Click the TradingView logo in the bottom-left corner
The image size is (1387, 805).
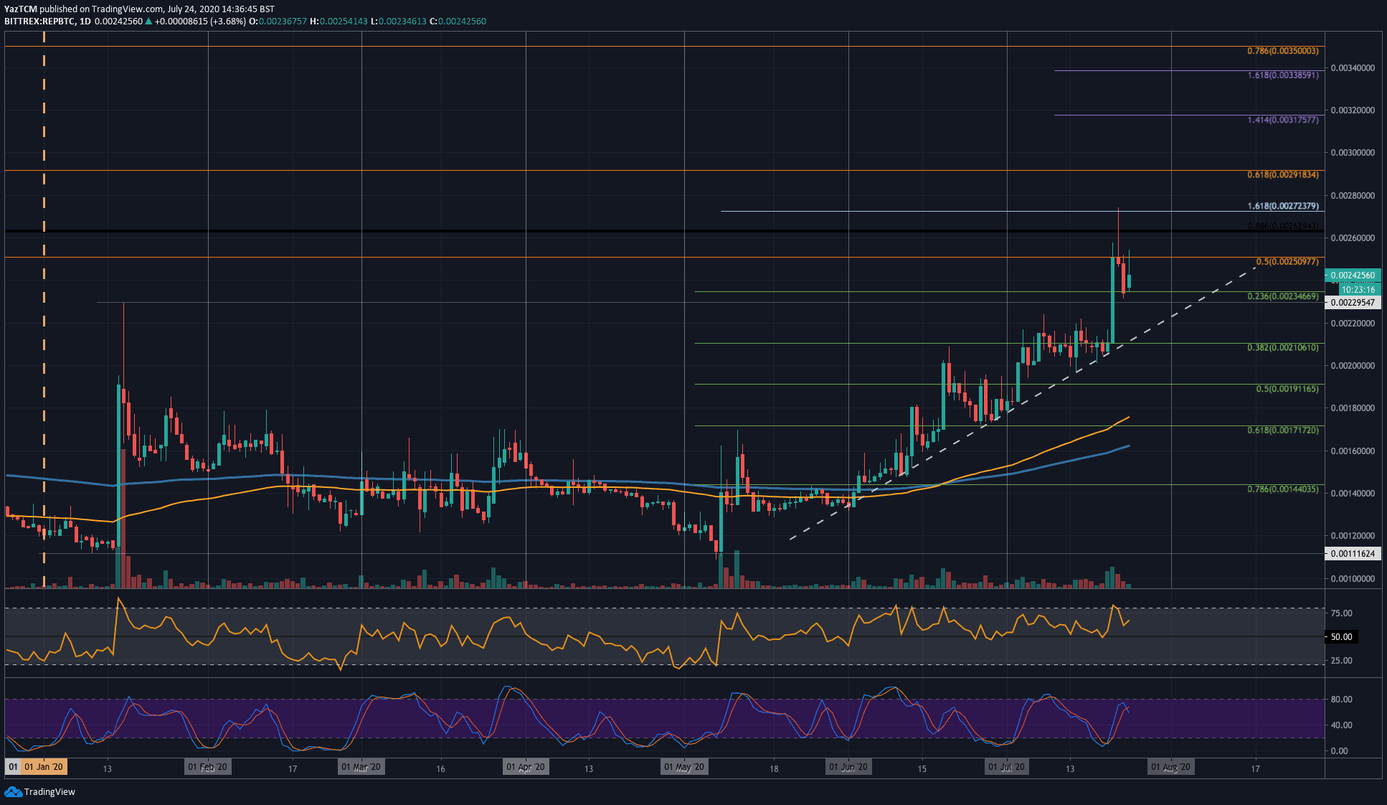40,791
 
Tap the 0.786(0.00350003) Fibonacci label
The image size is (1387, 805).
1282,51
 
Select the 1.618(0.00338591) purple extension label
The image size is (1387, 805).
1282,75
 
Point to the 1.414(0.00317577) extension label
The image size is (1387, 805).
1282,120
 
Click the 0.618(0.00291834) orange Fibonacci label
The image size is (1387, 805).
1282,175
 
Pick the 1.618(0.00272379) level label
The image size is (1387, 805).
1282,206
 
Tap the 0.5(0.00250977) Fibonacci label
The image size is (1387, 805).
1287,262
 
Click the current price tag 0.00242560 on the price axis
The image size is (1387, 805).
1353,276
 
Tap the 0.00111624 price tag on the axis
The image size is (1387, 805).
1353,554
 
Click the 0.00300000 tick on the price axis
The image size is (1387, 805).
1353,153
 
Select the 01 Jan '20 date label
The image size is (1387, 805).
43,767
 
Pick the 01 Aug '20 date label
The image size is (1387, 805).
1170,767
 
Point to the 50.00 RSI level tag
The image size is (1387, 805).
1341,637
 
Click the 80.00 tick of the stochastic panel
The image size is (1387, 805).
1341,700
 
